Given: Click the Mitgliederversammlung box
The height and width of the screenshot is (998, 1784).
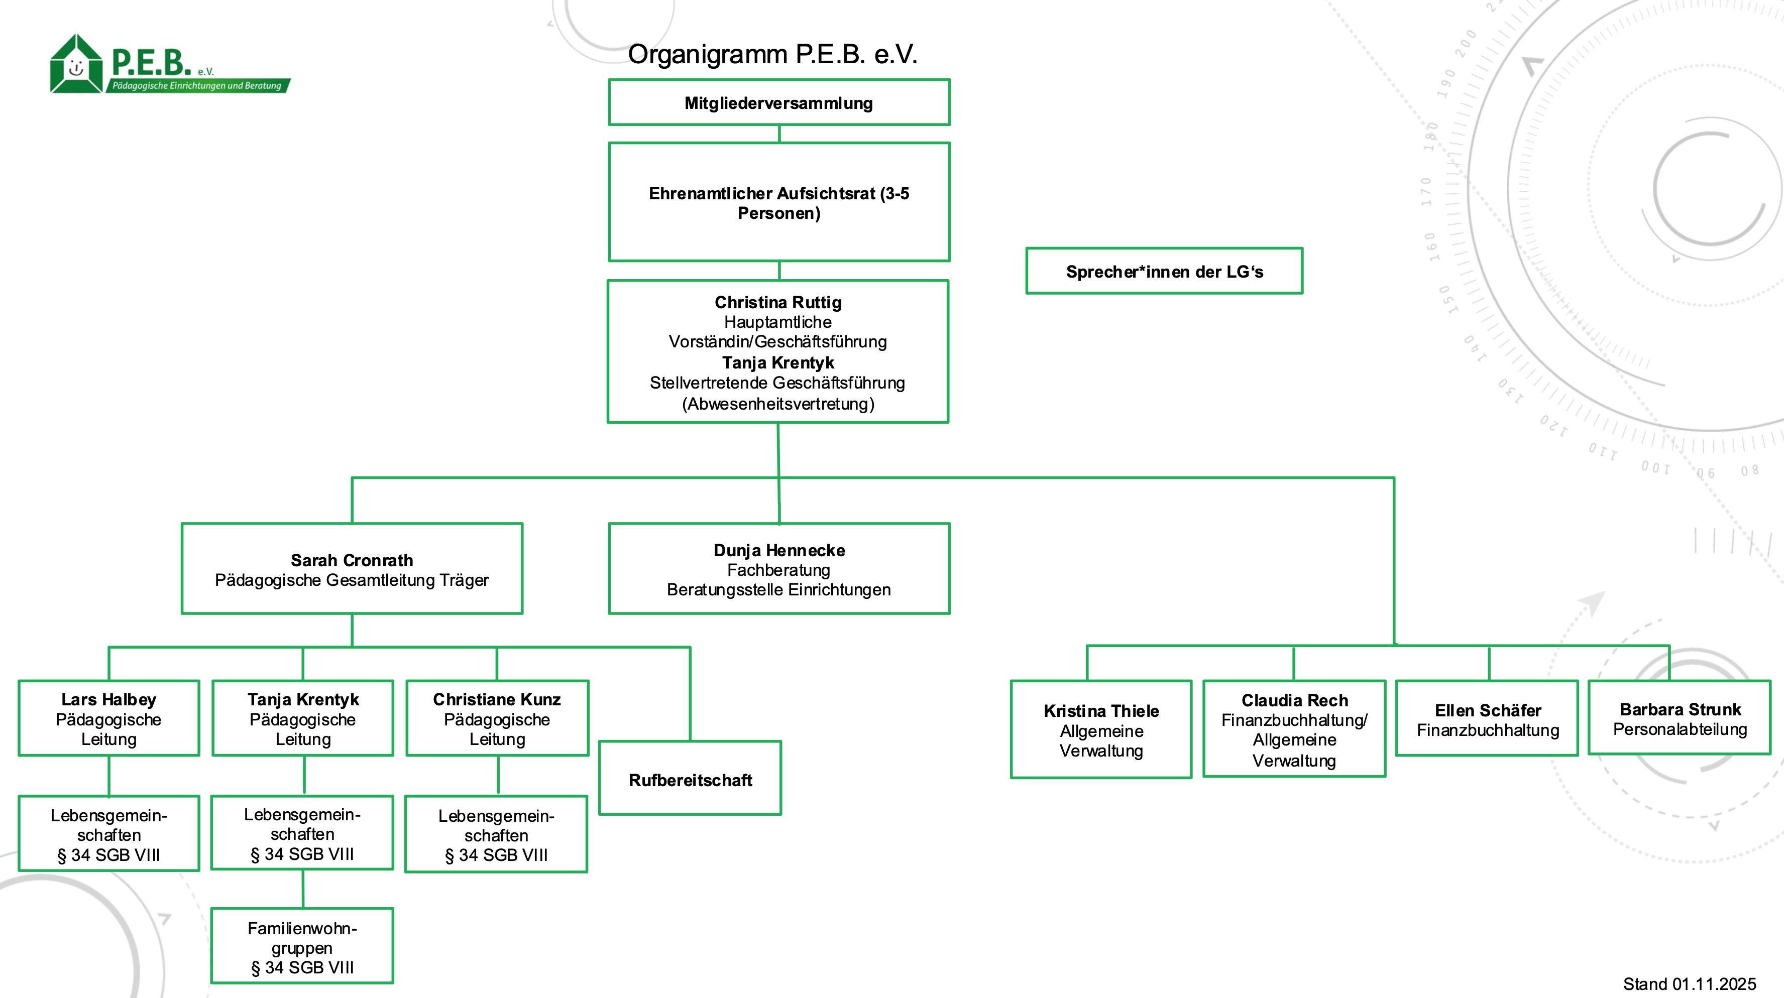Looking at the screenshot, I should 778,102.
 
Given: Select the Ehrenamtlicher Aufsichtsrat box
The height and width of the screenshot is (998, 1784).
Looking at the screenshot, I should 778,202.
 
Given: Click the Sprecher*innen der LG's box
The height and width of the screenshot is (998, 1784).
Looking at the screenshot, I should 1164,271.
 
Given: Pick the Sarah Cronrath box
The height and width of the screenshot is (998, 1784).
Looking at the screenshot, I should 352,569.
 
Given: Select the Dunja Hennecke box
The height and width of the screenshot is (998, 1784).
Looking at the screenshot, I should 778,569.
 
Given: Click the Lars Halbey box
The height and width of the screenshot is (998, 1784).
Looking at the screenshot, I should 108,718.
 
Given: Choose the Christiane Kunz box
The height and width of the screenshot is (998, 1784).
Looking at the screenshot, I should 497,718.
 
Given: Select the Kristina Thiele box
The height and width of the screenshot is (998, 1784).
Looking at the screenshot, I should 1101,729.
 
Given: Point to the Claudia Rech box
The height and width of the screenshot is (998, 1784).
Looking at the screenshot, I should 1294,729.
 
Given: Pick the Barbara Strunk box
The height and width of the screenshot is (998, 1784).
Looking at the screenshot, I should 1680,718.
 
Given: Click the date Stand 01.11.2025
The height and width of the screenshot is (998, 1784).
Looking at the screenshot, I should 1689,983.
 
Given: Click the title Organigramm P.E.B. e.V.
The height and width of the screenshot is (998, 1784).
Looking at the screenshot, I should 772,54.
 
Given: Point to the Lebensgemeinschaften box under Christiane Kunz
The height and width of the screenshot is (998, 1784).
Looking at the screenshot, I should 497,835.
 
